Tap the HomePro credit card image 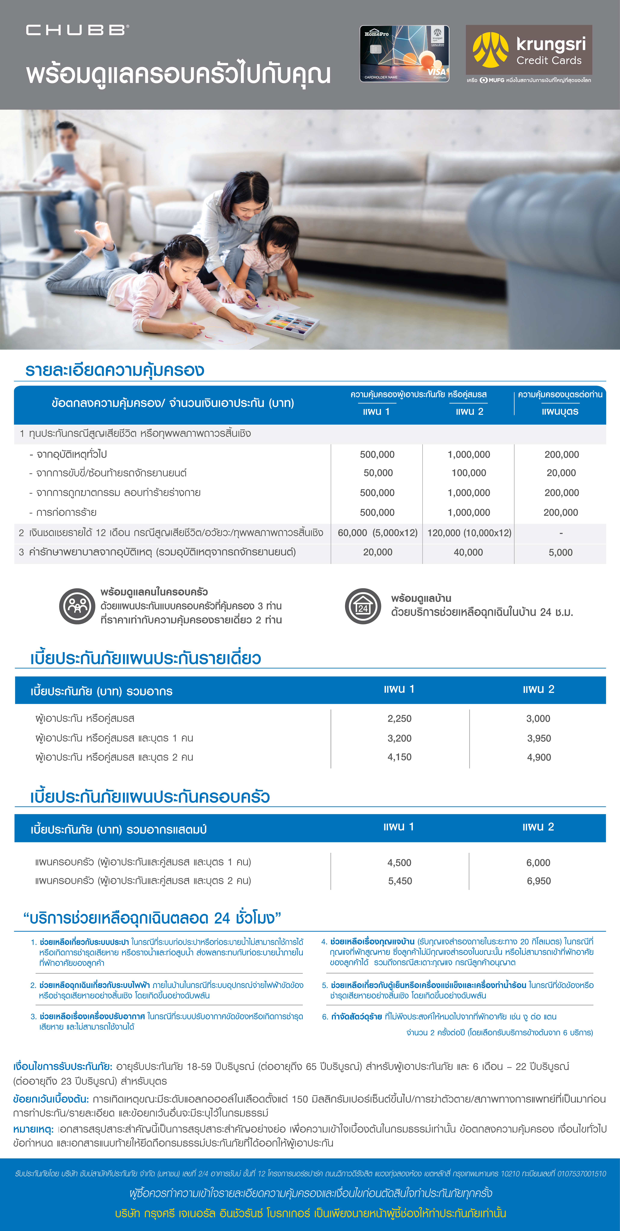coord(404,54)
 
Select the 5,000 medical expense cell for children coord(560,552)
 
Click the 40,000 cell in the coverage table coord(468,552)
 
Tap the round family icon coord(77,606)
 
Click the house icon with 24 coord(363,606)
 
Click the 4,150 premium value coord(399,757)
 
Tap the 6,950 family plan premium coord(539,881)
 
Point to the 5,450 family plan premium coord(400,881)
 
